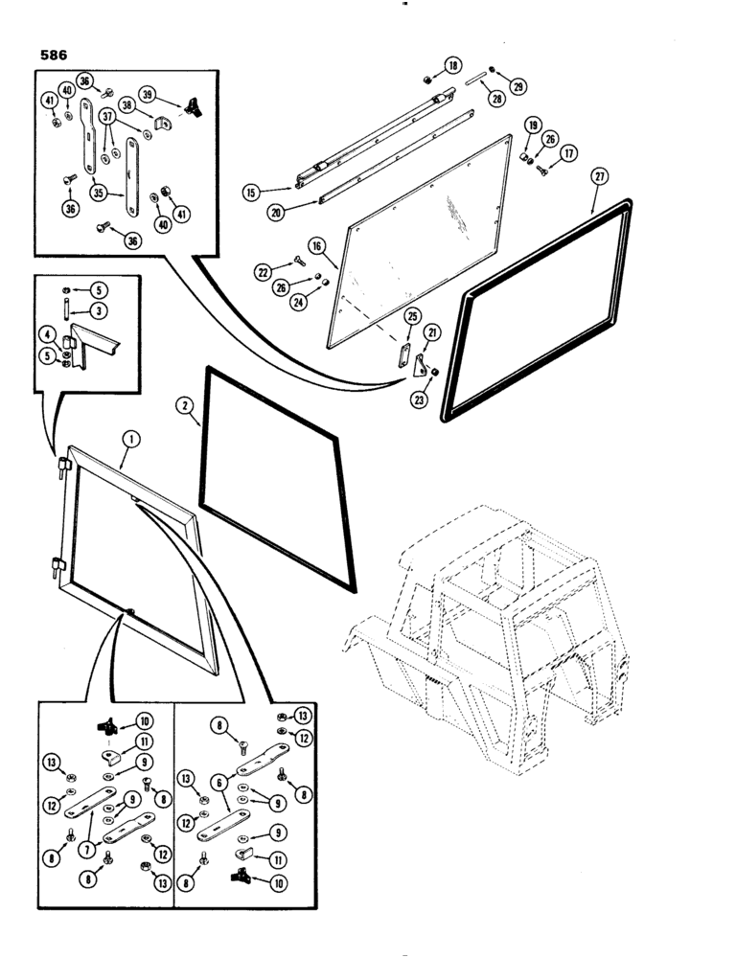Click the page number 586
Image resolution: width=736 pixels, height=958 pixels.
54,56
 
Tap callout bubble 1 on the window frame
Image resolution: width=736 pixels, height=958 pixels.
131,440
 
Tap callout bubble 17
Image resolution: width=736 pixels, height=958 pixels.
568,152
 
